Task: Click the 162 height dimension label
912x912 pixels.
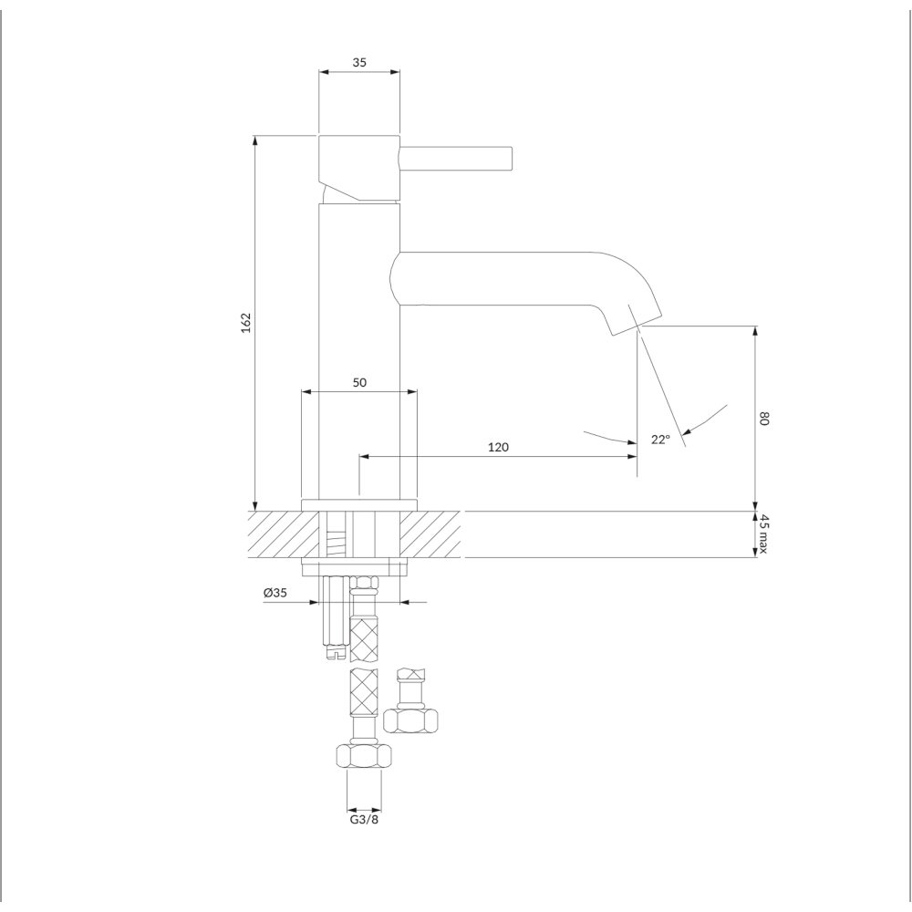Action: click(246, 322)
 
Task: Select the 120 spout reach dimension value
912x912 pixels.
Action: click(498, 447)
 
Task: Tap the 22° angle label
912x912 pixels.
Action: click(660, 440)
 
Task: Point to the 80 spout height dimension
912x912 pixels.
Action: click(764, 419)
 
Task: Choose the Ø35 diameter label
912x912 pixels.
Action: click(275, 593)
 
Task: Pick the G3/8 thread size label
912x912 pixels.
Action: click(364, 820)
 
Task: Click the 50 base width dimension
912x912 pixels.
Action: click(359, 382)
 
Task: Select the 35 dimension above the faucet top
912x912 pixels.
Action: click(359, 62)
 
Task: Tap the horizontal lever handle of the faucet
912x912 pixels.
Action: click(455, 158)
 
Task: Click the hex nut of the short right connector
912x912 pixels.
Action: click(410, 720)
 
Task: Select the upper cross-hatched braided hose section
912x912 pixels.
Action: click(364, 640)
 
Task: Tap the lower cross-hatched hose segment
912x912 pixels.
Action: click(364, 692)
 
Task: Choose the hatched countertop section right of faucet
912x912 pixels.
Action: click(430, 534)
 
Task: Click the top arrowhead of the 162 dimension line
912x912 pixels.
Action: click(254, 140)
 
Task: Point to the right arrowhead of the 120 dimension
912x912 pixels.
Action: click(632, 457)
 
